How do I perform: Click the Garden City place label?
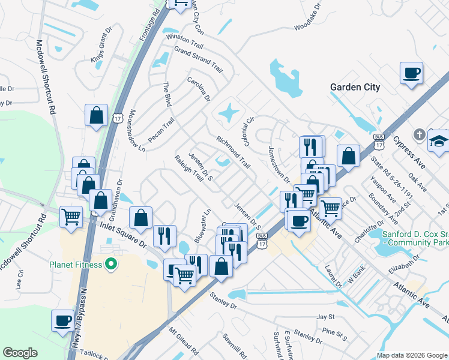pyautogui.click(x=355, y=87)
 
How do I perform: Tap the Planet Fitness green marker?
pyautogui.click(x=110, y=263)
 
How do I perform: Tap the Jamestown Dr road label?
pyautogui.click(x=279, y=164)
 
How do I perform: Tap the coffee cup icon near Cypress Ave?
pyautogui.click(x=412, y=74)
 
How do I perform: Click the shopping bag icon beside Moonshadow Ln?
pyautogui.click(x=96, y=115)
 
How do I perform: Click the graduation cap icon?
pyautogui.click(x=439, y=141)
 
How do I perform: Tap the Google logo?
pyautogui.click(x=20, y=353)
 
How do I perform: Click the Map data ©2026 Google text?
pyautogui.click(x=411, y=355)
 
